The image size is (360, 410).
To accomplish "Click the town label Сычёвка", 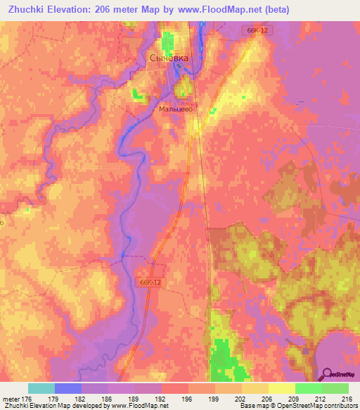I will pyautogui.click(x=169, y=58).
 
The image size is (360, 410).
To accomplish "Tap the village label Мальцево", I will pyautogui.click(x=176, y=109).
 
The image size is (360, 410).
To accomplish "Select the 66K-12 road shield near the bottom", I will pyautogui.click(x=150, y=281).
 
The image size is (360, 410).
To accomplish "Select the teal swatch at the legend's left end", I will pyautogui.click(x=41, y=388).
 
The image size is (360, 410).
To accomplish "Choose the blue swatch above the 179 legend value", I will pyautogui.click(x=68, y=388).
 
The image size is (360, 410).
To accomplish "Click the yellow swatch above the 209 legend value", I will pyautogui.click(x=282, y=388).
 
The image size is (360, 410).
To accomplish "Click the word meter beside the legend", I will pyautogui.click(x=11, y=399).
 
